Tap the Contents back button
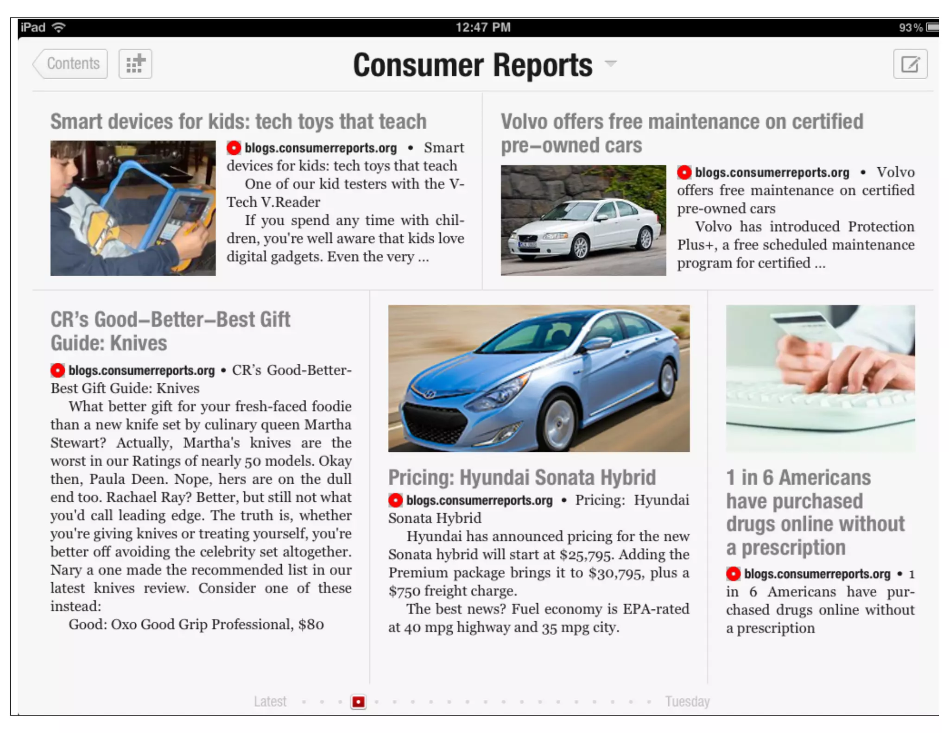pos(71,63)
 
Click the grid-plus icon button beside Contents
pos(135,63)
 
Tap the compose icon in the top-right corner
pos(910,64)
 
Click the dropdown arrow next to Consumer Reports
pos(611,63)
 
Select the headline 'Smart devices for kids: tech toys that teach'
pos(238,121)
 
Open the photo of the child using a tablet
pos(133,208)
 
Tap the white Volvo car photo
pos(583,220)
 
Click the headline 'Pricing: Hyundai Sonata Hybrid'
pos(522,477)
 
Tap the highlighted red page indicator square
pos(358,701)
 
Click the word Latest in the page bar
pos(270,701)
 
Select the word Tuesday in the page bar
pos(687,701)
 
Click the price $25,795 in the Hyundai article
pos(586,555)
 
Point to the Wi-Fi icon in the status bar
pos(59,27)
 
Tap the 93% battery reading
pos(910,28)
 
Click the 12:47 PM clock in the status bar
pos(483,27)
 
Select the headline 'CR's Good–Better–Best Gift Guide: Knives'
pos(171,331)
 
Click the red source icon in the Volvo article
pos(684,172)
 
